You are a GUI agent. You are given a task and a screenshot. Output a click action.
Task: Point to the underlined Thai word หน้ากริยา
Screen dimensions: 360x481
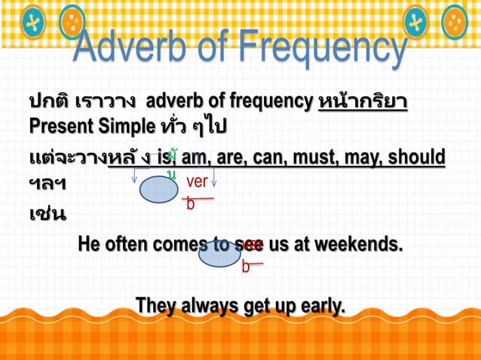[363, 100]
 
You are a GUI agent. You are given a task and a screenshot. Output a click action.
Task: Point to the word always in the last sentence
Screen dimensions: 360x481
[209, 306]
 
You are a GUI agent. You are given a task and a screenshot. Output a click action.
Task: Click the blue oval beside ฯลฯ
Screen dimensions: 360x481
[158, 190]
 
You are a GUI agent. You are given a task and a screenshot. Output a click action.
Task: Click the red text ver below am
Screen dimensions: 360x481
[197, 182]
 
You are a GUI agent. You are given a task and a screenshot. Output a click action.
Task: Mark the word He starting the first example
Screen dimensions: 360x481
[88, 245]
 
